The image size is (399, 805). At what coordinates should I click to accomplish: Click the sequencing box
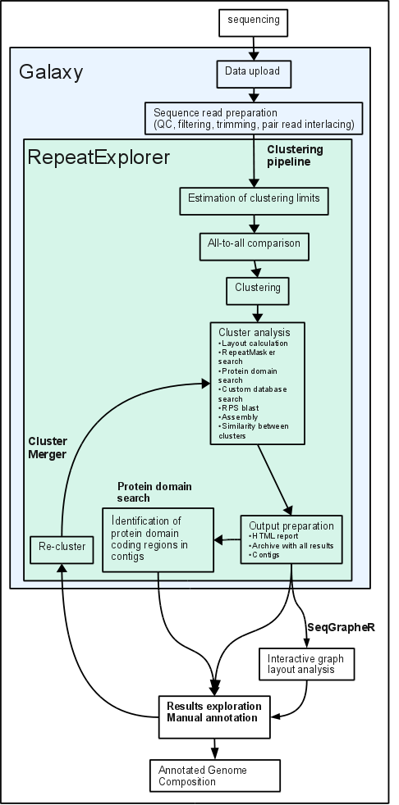click(x=253, y=23)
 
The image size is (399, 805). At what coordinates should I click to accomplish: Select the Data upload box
click(x=254, y=74)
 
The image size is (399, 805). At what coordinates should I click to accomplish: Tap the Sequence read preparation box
click(x=254, y=119)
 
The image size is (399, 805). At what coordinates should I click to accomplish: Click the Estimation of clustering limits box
click(x=254, y=201)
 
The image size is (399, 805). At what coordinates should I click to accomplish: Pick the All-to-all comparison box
click(x=254, y=247)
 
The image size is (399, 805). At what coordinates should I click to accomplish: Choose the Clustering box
click(x=258, y=291)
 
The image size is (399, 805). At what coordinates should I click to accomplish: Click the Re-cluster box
click(x=62, y=549)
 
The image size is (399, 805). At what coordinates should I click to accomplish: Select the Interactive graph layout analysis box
click(x=307, y=663)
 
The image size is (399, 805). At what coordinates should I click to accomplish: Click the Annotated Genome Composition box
click(x=215, y=775)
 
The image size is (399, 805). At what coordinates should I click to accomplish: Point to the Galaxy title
click(x=50, y=72)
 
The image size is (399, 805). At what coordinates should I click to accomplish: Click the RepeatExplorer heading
click(x=99, y=157)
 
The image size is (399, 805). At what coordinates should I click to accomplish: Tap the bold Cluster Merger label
click(x=48, y=447)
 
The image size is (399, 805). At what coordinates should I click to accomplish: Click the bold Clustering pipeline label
click(x=295, y=155)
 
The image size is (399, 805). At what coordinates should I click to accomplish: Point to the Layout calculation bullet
click(x=253, y=343)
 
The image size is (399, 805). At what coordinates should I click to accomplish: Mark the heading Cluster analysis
click(x=254, y=332)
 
